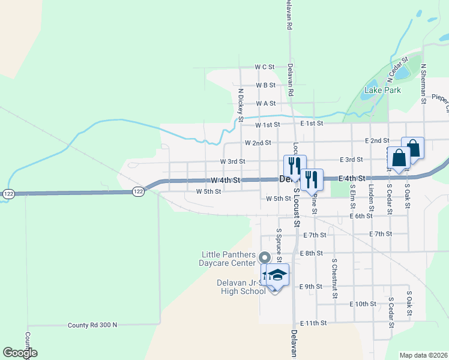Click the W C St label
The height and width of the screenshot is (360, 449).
click(264, 67)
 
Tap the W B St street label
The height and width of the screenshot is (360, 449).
click(265, 85)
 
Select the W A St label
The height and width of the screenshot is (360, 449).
click(265, 103)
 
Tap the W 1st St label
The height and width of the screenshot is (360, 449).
click(267, 125)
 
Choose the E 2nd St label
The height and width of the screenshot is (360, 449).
click(377, 140)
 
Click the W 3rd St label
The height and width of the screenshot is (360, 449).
click(232, 161)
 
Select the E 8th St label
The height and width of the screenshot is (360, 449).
click(310, 254)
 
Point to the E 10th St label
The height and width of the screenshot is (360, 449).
click(363, 304)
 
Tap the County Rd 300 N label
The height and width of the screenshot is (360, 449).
click(92, 325)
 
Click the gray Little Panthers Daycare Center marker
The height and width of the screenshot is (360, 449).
click(265, 258)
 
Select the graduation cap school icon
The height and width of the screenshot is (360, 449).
click(279, 275)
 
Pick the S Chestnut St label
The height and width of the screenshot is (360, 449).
click(334, 278)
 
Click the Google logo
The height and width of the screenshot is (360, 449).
click(20, 353)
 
